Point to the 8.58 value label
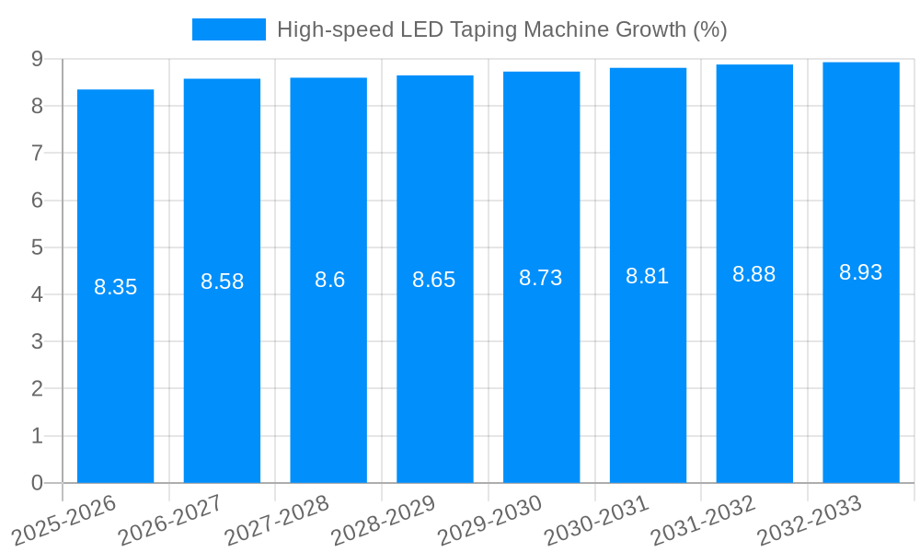(222, 282)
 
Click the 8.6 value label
(329, 280)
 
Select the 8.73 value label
(541, 278)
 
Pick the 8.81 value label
(648, 276)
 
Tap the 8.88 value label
(754, 274)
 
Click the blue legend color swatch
(228, 29)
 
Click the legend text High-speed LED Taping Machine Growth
(501, 29)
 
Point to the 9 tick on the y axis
(37, 59)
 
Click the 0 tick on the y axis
(37, 483)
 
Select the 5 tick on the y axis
(37, 247)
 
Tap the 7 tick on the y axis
(37, 153)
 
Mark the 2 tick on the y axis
(37, 388)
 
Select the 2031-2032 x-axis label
(704, 520)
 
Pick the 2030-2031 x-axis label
(597, 520)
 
